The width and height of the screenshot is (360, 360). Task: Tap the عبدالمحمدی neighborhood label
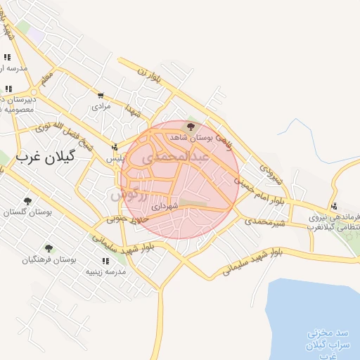176,157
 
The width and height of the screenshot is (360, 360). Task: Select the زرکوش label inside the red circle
129,193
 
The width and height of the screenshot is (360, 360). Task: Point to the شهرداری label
165,207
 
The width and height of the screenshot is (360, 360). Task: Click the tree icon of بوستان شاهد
191,127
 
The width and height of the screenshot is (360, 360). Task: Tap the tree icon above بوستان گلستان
27,201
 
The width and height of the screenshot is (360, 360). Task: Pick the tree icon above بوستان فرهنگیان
49,248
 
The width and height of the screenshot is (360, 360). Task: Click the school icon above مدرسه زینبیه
106,260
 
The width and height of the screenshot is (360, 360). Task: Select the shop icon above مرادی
102,96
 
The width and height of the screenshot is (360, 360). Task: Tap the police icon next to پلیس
114,148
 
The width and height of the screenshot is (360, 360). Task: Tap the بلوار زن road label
149,76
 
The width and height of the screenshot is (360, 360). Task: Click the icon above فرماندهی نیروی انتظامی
334,206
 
